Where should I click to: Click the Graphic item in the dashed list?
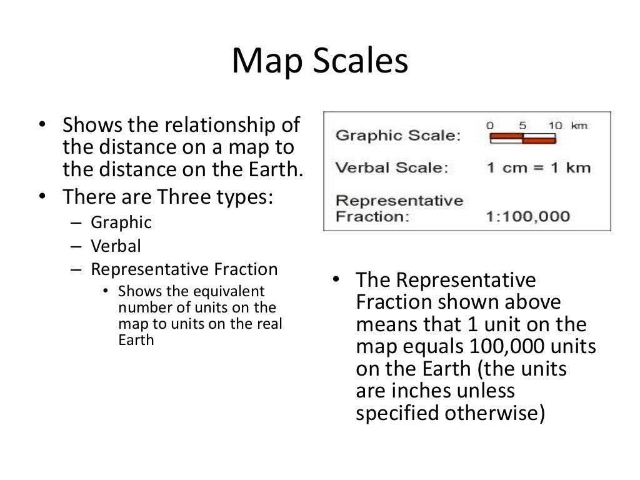pos(121,222)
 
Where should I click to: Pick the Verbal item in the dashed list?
pos(116,246)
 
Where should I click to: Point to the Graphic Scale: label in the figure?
pos(397,136)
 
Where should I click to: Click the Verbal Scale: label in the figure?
pos(392,167)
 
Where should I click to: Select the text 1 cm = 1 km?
pos(537,167)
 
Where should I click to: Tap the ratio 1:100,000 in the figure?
pos(527,216)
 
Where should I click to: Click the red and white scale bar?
pos(522,139)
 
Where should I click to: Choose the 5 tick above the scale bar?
pos(522,126)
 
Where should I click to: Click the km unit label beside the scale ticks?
pos(579,126)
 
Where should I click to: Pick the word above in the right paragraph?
pos(534,302)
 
